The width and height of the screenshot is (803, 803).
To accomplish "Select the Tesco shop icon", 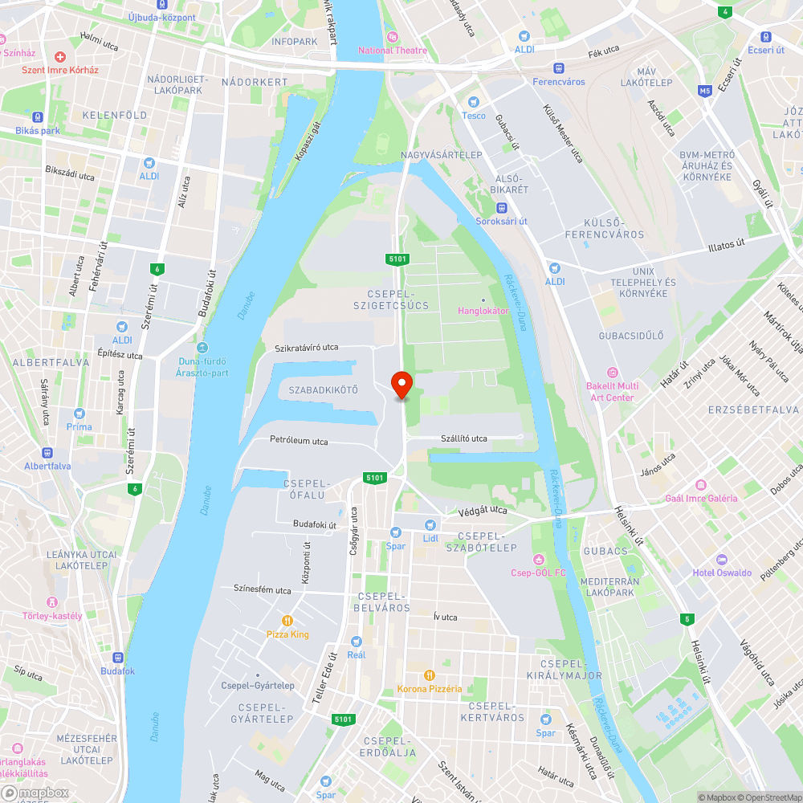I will click(474, 102).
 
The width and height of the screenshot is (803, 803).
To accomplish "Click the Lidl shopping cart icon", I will click(430, 524).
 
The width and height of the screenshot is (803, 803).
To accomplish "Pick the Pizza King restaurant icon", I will click(287, 621).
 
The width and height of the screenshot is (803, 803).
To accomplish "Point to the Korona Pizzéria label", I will click(430, 688).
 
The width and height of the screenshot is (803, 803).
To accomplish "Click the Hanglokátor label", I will click(483, 310).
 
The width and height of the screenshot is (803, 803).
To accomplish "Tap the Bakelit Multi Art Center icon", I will click(613, 372).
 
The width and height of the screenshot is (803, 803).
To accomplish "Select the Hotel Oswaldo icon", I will click(722, 559).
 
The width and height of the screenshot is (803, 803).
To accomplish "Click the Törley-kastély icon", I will click(52, 602).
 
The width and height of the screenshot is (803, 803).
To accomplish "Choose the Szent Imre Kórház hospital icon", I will click(60, 57).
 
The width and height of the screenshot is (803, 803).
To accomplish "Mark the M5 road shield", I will click(705, 91).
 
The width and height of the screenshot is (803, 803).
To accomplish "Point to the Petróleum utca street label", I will click(299, 441).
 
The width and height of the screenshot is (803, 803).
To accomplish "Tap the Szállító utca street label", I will click(464, 438).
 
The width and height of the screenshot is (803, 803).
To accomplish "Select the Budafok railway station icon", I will click(117, 657).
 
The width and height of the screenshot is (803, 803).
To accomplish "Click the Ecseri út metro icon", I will click(765, 36).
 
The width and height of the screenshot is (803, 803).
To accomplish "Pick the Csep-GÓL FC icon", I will click(538, 559).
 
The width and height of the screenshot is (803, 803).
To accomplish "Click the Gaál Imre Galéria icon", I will click(701, 484).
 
